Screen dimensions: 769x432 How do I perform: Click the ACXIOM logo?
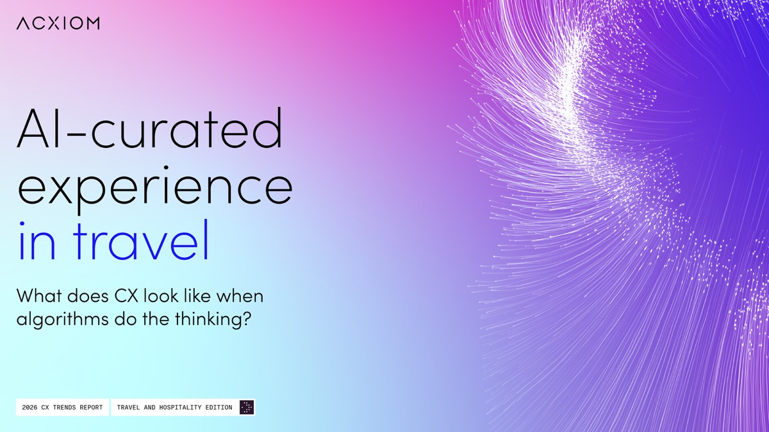point(58,23)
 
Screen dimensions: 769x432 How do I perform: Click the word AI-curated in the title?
point(150,128)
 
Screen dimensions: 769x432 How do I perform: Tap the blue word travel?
point(141,240)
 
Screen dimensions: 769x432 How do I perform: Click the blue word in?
point(37,241)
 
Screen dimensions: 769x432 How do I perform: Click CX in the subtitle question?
point(126,296)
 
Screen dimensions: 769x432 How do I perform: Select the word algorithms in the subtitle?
point(63,319)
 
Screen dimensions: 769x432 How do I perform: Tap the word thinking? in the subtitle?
point(213,319)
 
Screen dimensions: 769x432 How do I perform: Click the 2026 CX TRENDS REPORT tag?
point(62,407)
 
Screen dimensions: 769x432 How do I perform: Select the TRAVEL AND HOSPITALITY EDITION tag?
point(183,407)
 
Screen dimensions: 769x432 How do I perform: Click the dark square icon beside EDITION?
point(247,407)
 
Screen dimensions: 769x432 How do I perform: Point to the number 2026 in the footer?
point(29,407)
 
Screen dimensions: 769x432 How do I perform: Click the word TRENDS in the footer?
point(64,407)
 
